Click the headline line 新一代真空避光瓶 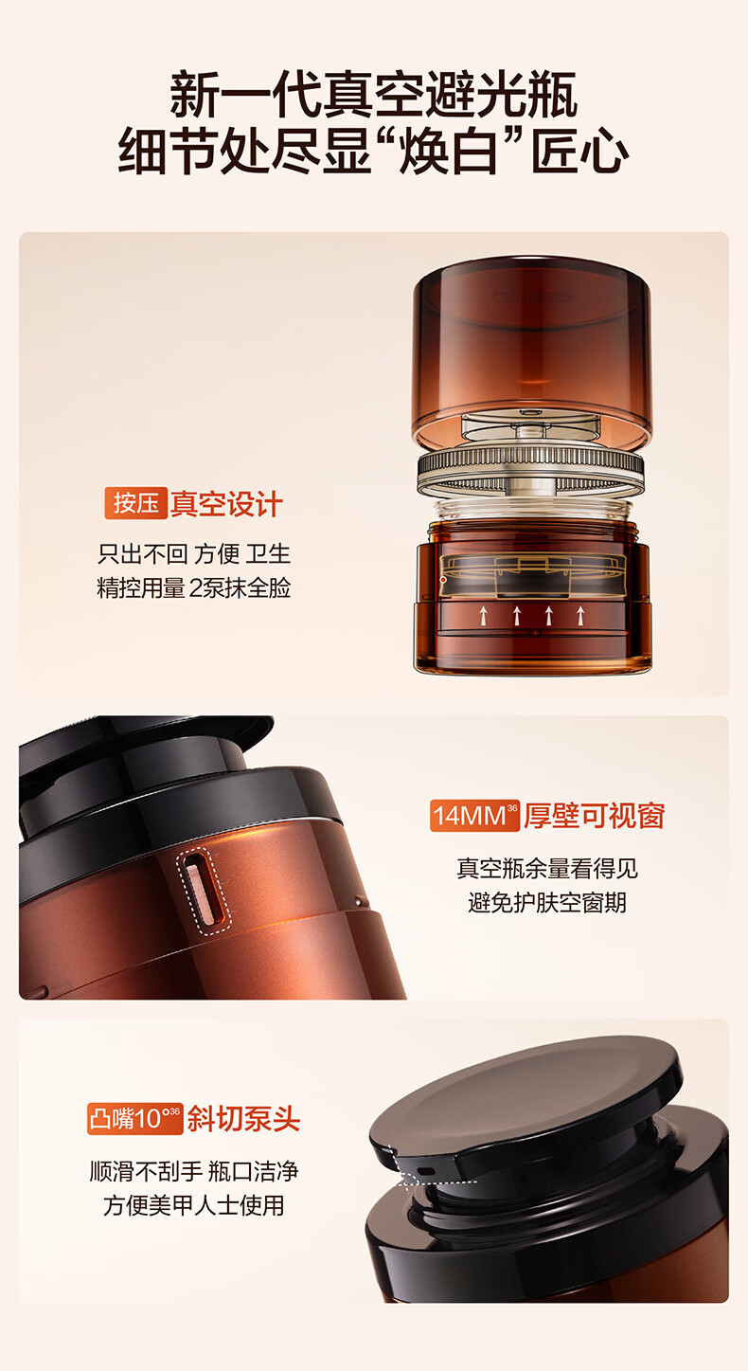374,95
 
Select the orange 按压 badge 135,503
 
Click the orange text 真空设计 225,504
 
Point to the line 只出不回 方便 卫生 194,554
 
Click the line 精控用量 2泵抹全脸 194,587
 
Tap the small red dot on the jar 443,579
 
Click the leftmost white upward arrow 484,616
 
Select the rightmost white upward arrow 580,616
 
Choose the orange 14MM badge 474,815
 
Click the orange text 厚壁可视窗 594,816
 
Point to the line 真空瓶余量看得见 547,868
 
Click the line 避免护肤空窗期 547,902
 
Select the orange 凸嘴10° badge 134,1119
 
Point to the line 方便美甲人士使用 194,1205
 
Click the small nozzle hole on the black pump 426,1171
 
